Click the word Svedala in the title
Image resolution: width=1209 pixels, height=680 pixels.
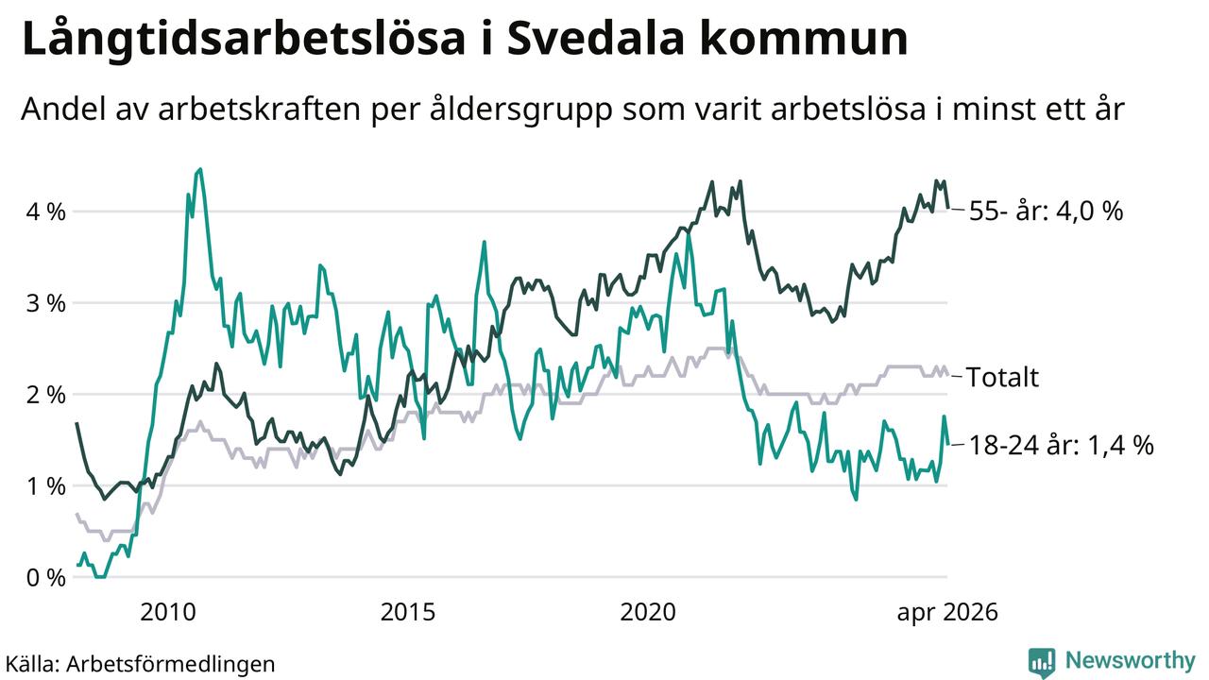click(x=595, y=39)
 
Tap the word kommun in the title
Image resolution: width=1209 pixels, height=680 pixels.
click(x=804, y=39)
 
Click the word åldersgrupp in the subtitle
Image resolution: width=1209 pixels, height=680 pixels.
click(x=520, y=110)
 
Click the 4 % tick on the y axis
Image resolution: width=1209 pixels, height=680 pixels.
click(x=46, y=212)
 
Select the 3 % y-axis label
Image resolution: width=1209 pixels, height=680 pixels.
click(x=46, y=303)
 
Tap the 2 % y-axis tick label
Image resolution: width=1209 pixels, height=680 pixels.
click(x=46, y=395)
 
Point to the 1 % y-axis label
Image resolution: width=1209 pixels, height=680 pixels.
click(x=46, y=485)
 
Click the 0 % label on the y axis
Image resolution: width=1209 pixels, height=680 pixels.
click(x=46, y=577)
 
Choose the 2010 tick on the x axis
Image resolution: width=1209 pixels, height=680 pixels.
click(x=168, y=612)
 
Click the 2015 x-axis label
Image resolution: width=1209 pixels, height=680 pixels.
click(x=407, y=612)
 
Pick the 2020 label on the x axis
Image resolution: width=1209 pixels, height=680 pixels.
click(x=648, y=612)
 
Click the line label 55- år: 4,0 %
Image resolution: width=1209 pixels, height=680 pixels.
click(x=1046, y=211)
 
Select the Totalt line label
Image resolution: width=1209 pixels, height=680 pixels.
click(x=1002, y=377)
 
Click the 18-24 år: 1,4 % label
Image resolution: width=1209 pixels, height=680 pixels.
click(x=1061, y=445)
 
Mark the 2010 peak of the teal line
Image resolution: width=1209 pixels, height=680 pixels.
click(x=200, y=169)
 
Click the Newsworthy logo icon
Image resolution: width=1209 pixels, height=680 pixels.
click(x=1042, y=663)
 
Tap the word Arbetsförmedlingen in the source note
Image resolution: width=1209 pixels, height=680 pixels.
click(x=171, y=664)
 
